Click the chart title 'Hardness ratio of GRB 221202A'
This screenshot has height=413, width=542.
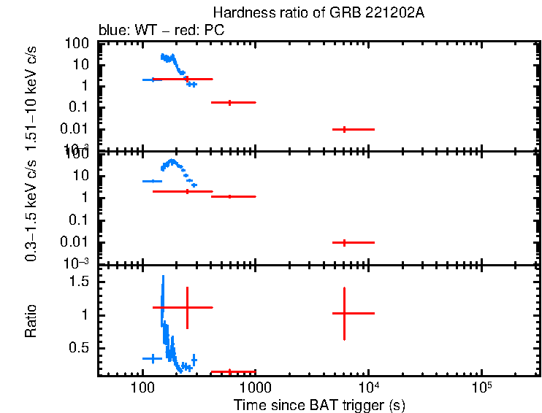pyautogui.click(x=318, y=13)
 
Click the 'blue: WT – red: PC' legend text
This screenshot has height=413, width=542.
pyautogui.click(x=161, y=31)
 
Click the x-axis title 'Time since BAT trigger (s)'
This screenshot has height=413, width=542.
pyautogui.click(x=319, y=404)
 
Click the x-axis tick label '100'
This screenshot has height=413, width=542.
pyautogui.click(x=142, y=385)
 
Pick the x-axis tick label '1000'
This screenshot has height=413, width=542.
pyautogui.click(x=255, y=385)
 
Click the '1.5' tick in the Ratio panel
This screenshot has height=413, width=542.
pyautogui.click(x=78, y=282)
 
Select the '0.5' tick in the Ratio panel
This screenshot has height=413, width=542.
pyautogui.click(x=78, y=348)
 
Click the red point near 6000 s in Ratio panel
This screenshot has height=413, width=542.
pyautogui.click(x=344, y=313)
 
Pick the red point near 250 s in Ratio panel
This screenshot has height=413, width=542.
pyautogui.click(x=188, y=307)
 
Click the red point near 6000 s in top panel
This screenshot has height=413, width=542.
pyautogui.click(x=344, y=129)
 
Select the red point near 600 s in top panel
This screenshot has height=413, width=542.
pyautogui.click(x=230, y=103)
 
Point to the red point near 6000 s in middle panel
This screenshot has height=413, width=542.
pyautogui.click(x=344, y=242)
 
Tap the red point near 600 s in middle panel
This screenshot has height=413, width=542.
pyautogui.click(x=230, y=196)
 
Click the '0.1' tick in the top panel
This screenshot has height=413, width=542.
pyautogui.click(x=80, y=107)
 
